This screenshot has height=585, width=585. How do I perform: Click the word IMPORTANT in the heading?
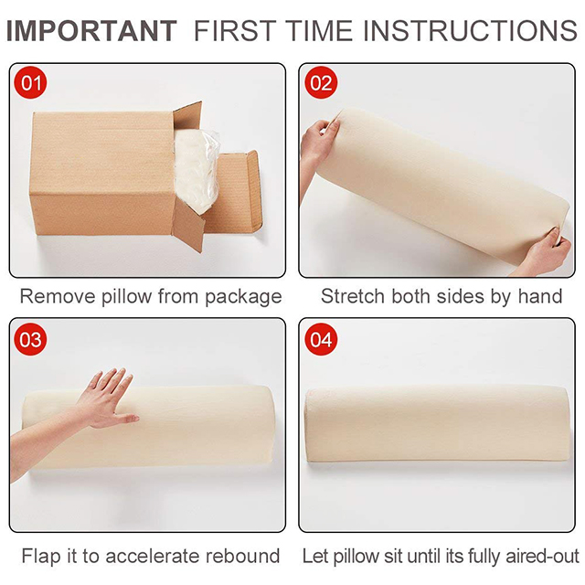91,31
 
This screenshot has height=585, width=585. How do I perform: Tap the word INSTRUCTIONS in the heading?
470,31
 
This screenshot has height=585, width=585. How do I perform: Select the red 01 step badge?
30,82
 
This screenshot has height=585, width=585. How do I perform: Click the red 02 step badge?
321,82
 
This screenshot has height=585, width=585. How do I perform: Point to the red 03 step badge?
30,339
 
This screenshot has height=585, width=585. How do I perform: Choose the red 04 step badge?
321,339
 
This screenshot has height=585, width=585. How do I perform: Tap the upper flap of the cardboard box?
187,117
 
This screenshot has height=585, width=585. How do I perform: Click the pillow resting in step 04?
437,424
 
